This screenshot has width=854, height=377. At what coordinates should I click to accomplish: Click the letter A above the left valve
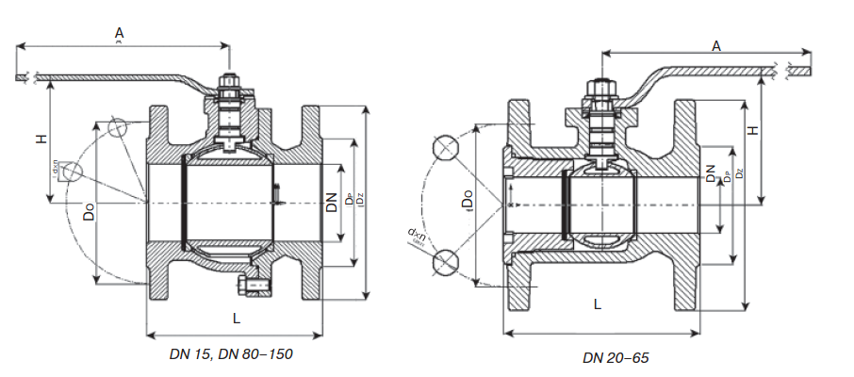tap(119, 34)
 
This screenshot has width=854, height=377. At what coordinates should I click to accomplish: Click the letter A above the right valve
tap(715, 45)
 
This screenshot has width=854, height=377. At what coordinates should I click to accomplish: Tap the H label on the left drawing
tap(41, 139)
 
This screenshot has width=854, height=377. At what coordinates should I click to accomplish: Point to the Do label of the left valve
tap(88, 212)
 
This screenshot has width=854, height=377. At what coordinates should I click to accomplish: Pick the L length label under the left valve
tap(236, 319)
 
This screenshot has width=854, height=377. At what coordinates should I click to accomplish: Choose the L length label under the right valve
tap(598, 303)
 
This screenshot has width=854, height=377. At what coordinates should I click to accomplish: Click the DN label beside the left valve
tap(332, 202)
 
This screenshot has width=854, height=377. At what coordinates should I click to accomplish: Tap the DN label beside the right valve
tap(710, 172)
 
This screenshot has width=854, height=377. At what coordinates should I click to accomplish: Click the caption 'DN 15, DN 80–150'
tap(232, 354)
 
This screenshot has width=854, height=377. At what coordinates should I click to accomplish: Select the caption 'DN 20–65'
tap(616, 358)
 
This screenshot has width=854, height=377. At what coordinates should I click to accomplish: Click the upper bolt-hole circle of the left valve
tap(119, 128)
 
